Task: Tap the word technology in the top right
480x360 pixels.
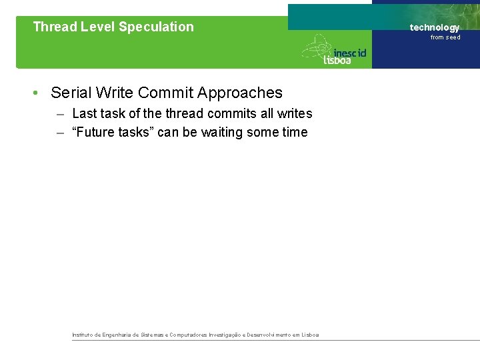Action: pos(434,27)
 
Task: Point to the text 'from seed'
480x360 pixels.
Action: pos(445,37)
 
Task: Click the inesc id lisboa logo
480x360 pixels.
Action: pos(335,51)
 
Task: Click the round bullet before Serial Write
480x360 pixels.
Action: pos(35,93)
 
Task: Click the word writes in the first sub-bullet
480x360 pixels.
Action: pos(296,114)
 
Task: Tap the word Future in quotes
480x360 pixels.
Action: pos(97,133)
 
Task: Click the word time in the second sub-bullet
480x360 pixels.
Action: pos(295,133)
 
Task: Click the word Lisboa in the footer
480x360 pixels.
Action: pos(310,335)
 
